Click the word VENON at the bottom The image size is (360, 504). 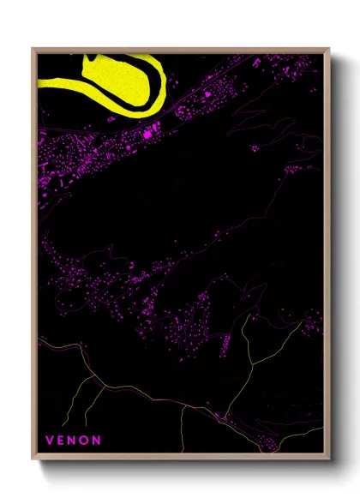pos(74,440)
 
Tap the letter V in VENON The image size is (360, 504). pos(50,440)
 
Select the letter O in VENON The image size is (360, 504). pos(86,440)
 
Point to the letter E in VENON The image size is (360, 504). pos(62,440)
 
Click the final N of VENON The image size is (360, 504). pos(98,440)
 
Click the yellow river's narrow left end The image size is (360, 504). pos(43,83)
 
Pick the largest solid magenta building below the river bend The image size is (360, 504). pos(147,134)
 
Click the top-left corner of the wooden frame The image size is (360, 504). pos(33,50)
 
